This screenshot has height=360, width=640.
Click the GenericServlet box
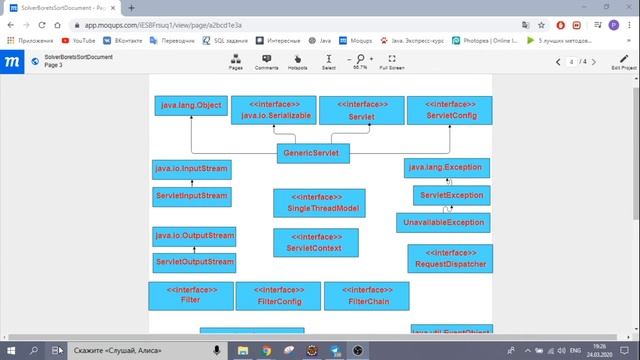point(312,153)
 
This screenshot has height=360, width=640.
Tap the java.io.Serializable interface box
point(272,110)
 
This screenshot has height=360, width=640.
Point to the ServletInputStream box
point(191,195)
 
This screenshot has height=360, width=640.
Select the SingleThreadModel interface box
point(319,202)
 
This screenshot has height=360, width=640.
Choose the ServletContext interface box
point(315,242)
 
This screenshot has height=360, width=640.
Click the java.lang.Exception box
point(447,168)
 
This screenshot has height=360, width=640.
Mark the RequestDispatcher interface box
point(450,258)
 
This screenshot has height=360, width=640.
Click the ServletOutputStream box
point(194,262)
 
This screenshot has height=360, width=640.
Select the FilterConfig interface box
point(279,295)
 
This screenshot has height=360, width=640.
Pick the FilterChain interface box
point(366,295)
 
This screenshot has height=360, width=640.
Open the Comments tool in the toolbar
point(267,61)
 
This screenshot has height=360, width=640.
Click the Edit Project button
point(623,62)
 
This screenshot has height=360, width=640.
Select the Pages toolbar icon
point(236,61)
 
